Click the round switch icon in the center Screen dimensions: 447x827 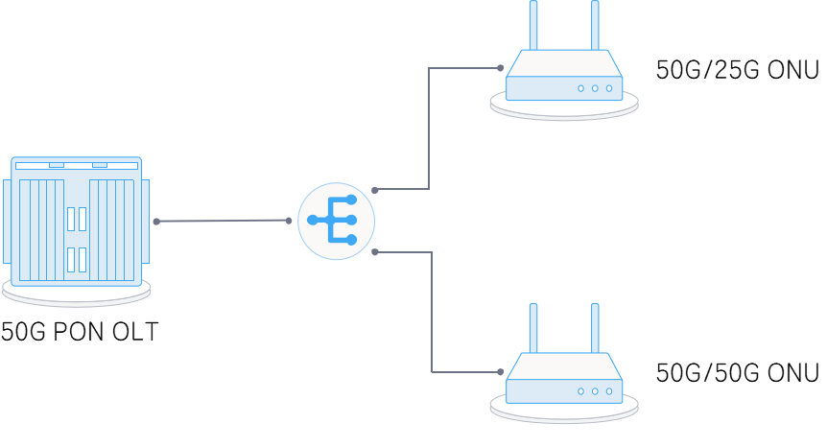(336, 221)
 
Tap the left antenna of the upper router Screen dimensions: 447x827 (533, 25)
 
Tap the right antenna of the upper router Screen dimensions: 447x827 (595, 25)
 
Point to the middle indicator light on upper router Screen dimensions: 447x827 (595, 88)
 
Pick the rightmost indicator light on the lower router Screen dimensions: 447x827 (609, 391)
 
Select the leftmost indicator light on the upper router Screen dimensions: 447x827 (580, 88)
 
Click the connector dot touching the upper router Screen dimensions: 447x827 (500, 68)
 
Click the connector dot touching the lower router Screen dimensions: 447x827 (500, 371)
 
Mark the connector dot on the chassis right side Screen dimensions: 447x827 (156, 222)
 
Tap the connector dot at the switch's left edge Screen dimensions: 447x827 (289, 221)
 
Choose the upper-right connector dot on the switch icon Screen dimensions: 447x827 (375, 190)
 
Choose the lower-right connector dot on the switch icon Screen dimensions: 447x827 (375, 252)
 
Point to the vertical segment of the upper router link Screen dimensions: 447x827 (429, 129)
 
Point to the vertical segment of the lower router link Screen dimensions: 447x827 (432, 312)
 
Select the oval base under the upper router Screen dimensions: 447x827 (564, 108)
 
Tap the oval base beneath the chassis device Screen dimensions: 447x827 (77, 294)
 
